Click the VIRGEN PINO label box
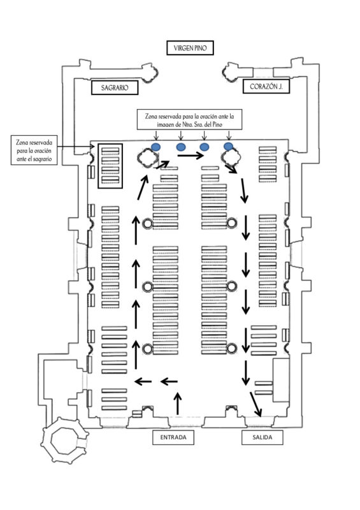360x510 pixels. tap(190, 48)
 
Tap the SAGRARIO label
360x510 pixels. tap(115, 87)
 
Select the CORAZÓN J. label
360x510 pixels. tap(266, 87)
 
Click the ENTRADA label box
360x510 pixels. tap(173, 437)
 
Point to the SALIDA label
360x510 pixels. tap(262, 437)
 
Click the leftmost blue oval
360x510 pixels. tap(156, 147)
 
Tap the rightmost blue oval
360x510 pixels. tap(229, 147)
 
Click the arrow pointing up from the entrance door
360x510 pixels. tap(178, 404)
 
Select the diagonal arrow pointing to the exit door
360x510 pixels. tap(256, 404)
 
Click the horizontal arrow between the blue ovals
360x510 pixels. tap(191, 156)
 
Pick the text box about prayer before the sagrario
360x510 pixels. tap(34, 150)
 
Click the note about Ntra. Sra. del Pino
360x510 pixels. tap(190, 120)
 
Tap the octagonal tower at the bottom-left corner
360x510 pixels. tap(65, 440)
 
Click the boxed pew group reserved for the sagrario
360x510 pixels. tap(110, 166)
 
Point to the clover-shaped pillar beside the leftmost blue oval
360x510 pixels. tap(148, 158)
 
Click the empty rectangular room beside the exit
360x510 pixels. tap(281, 380)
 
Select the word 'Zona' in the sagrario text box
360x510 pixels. tap(22, 142)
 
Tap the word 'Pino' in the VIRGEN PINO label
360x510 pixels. tap(200, 48)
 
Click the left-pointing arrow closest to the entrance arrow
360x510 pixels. tap(169, 381)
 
